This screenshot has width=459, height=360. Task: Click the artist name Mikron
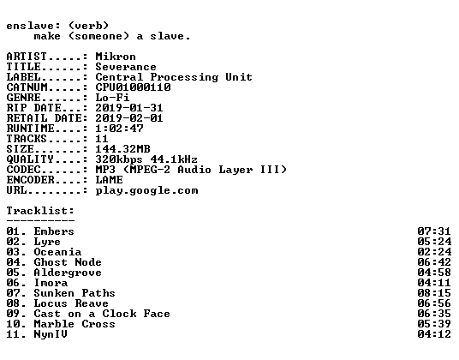[x=116, y=57]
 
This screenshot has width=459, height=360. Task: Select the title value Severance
[x=126, y=67]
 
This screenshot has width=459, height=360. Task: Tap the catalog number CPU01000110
[x=134, y=87]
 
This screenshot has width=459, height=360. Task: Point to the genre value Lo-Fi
[x=112, y=98]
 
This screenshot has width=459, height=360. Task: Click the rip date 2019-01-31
[x=129, y=108]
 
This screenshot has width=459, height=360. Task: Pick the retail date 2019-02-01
[x=129, y=118]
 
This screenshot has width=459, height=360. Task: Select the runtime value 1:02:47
[x=119, y=129]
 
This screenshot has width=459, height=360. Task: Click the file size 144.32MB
[x=123, y=149]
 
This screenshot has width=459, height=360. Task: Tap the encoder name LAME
[x=110, y=179]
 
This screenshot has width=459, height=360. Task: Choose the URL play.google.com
[x=147, y=190]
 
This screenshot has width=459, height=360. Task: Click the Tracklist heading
[x=41, y=211]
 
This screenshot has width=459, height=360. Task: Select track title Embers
[x=54, y=231]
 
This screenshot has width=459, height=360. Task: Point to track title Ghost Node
[x=68, y=262]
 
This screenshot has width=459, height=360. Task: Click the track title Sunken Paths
[x=75, y=292]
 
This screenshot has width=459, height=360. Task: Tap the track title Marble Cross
[x=75, y=324]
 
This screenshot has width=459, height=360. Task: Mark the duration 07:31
[x=434, y=231]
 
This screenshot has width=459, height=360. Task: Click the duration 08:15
[x=434, y=292]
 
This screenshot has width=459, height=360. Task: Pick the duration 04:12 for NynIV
[x=434, y=334]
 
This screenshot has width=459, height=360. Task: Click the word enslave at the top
[x=30, y=26]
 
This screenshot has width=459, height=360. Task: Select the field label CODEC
[x=24, y=170]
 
